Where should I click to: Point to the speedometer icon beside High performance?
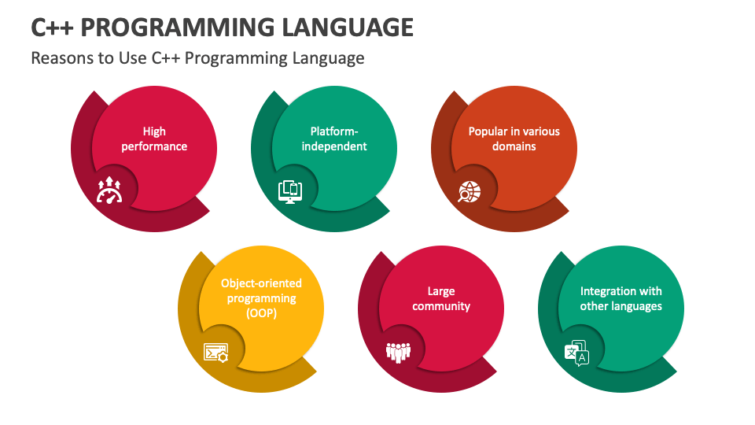(109, 191)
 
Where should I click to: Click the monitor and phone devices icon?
(289, 191)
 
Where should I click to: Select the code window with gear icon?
(216, 352)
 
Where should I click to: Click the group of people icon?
(398, 352)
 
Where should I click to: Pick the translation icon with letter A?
(576, 353)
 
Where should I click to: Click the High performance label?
(154, 139)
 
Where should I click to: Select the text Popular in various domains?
(514, 139)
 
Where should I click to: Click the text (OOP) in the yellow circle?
(261, 313)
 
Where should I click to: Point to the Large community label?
(441, 298)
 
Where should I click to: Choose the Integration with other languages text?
(621, 298)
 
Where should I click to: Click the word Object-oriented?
(261, 283)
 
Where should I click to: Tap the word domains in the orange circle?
(514, 146)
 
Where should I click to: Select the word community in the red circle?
(441, 306)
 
